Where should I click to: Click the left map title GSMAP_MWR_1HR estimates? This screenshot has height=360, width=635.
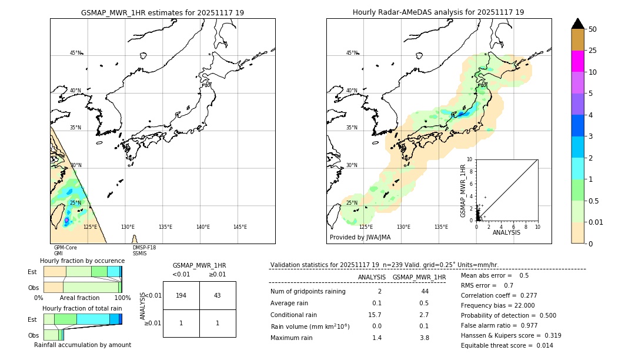coord(162,12)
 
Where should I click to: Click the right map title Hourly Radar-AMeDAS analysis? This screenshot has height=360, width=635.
coord(438,12)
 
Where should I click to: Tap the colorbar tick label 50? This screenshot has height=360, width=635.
coord(593,29)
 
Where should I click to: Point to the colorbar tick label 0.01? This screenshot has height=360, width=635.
coord(596,222)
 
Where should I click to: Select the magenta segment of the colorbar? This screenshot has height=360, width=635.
coord(577,61)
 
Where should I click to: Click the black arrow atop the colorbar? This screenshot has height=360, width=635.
coord(577,24)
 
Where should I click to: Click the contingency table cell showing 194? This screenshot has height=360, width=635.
coord(181,295)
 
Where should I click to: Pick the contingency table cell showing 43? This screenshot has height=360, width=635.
coord(217,295)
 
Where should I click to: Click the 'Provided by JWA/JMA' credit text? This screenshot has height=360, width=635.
coord(360,238)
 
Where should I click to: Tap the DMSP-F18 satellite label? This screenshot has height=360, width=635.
coord(144,248)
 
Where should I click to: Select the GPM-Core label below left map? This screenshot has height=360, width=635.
coord(65,248)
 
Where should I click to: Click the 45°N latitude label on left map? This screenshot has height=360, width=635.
coord(75,53)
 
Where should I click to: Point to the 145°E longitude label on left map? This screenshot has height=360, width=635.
coord(240,227)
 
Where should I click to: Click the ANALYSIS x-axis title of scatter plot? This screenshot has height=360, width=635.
coord(506,233)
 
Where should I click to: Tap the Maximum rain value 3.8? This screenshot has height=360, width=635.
coord(424,338)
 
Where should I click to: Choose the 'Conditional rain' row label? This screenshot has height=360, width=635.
coord(293,315)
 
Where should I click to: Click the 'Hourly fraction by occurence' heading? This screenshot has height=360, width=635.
coord(82,261)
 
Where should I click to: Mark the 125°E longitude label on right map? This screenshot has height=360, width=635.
coord(366,227)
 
